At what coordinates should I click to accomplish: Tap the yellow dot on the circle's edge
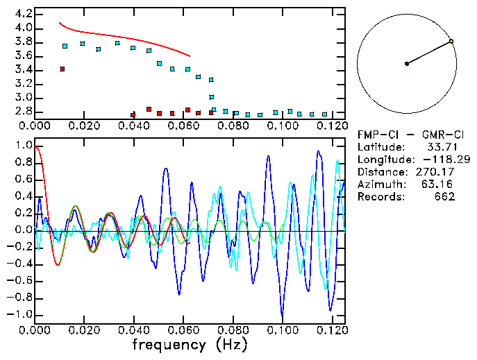[x=451, y=42]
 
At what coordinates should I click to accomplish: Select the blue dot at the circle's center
[x=407, y=64]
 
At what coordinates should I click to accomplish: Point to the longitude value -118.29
[x=439, y=159]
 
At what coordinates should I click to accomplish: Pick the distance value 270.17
[x=436, y=171]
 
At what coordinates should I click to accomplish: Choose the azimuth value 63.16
[x=439, y=184]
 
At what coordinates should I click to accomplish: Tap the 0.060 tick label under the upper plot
[x=183, y=126]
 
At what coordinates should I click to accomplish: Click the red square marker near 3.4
[x=62, y=69]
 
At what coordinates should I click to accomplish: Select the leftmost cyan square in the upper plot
[x=65, y=46]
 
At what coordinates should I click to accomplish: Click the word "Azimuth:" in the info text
[x=380, y=184]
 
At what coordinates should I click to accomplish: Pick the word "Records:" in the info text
[x=380, y=196]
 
